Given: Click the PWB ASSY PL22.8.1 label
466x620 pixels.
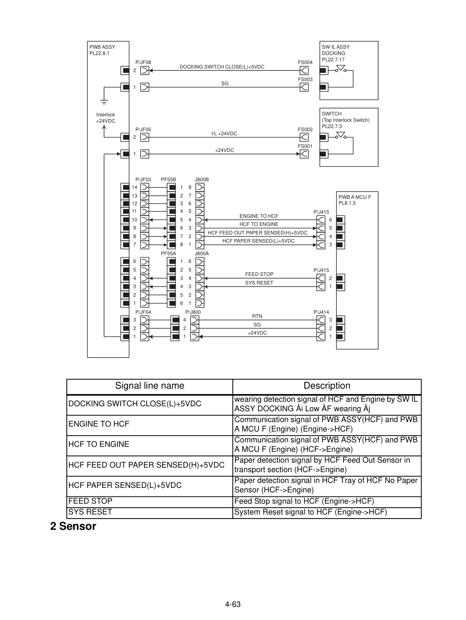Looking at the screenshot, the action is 102,50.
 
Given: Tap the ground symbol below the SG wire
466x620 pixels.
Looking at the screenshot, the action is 104,102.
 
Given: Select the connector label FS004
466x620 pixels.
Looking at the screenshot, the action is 305,62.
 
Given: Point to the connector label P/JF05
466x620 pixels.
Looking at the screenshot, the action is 143,130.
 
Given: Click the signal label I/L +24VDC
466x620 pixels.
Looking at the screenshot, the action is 224,133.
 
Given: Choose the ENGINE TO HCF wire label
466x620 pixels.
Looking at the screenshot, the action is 259,216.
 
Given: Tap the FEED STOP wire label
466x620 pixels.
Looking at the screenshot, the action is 259,274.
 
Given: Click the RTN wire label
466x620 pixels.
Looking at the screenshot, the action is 257,317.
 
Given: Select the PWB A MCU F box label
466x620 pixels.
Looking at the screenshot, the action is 355,200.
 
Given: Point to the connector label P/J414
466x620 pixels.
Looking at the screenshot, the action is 321,312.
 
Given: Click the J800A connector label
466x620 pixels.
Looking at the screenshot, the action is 202,254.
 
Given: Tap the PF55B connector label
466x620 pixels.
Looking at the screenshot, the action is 168,179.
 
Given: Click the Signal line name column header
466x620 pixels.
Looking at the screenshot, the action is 149,386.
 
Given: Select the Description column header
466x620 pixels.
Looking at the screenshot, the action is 327,386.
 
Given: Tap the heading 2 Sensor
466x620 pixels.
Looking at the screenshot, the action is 73,526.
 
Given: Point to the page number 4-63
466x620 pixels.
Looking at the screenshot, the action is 233,604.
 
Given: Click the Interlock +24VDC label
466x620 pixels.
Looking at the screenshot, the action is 105,118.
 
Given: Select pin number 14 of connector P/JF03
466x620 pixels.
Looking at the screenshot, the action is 135,187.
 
